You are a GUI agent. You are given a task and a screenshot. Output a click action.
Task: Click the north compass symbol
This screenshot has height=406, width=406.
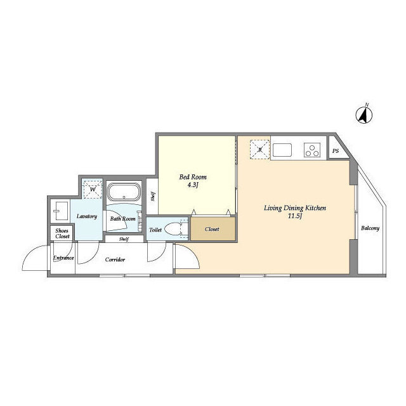point(363,114)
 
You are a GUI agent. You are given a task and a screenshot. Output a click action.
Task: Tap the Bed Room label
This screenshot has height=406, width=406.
point(193,177)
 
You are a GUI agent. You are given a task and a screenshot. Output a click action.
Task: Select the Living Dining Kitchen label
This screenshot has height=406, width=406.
point(295,208)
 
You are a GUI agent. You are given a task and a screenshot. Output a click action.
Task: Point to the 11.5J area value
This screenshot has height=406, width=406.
point(295,216)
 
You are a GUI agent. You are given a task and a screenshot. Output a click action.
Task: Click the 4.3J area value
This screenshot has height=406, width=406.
point(193,185)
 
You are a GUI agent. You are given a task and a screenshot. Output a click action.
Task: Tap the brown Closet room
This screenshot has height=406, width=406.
point(213,229)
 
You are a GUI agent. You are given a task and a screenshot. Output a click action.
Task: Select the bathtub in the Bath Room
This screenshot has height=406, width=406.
point(124,192)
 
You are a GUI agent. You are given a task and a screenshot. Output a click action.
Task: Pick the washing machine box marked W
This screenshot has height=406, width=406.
point(93,189)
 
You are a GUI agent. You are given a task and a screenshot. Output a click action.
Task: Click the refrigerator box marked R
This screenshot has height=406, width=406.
point(259,150)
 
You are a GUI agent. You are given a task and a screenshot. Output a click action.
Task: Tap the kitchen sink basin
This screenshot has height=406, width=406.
point(282,150)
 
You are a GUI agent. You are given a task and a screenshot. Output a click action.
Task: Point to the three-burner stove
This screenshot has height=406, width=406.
point(312,150)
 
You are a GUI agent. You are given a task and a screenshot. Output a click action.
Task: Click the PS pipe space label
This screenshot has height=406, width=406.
point(336,151)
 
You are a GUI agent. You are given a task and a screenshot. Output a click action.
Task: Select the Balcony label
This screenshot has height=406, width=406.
point(370,228)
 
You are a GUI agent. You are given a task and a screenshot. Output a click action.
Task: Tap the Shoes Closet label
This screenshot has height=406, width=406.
point(62,233)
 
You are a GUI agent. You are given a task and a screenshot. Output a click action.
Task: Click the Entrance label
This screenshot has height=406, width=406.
point(63,258)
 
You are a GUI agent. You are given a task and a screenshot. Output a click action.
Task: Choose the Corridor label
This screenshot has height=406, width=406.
point(115,259)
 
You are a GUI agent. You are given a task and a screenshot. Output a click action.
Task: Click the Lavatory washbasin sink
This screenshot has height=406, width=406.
point(62,211)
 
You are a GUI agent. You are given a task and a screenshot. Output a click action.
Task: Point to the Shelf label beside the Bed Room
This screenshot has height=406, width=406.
point(153,197)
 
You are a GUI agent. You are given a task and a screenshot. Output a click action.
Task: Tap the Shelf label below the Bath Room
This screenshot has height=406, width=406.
point(124,239)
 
